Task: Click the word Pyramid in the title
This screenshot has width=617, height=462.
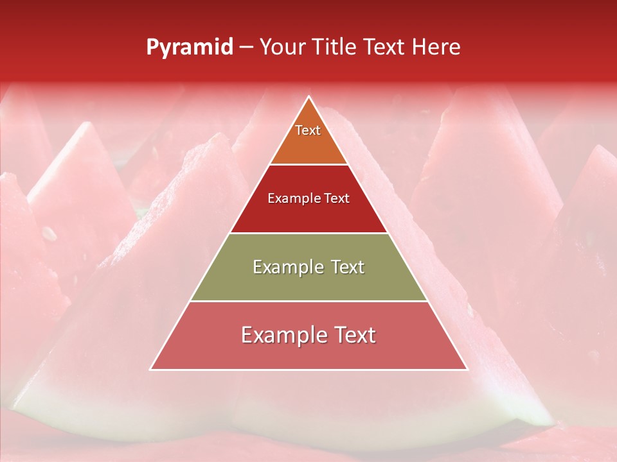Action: click(x=190, y=47)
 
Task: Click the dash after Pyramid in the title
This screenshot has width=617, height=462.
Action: click(x=246, y=47)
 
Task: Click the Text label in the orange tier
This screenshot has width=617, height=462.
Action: click(x=308, y=130)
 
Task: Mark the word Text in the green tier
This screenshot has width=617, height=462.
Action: click(x=348, y=267)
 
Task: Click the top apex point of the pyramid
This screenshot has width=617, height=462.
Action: click(x=308, y=96)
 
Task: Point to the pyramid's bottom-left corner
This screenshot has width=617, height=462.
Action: click(x=150, y=370)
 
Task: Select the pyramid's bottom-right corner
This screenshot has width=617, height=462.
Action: click(x=467, y=370)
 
